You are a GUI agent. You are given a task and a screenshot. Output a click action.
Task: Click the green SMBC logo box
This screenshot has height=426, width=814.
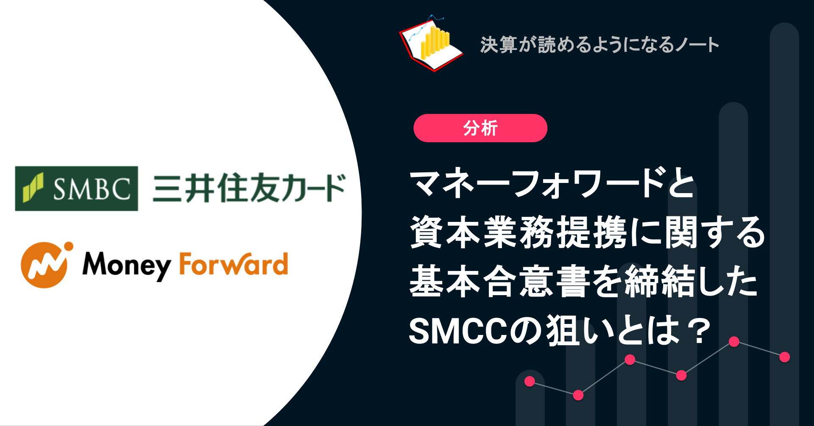[76, 188]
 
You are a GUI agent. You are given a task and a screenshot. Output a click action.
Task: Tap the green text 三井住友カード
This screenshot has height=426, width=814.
[249, 188]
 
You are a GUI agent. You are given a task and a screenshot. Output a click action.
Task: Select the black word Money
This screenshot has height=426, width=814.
[126, 265]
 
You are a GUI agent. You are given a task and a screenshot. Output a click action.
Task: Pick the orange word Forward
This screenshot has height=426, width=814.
[234, 264]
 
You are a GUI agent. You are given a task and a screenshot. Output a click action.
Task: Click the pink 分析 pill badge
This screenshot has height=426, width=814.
[480, 128]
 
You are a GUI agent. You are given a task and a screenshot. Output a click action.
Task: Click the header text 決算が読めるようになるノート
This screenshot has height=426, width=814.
[599, 44]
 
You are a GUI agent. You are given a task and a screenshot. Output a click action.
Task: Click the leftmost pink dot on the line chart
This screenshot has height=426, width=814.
[530, 381]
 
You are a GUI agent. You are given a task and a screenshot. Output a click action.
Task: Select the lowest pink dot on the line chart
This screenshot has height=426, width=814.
[578, 395]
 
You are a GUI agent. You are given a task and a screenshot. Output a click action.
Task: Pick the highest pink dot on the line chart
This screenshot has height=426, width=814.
[734, 341]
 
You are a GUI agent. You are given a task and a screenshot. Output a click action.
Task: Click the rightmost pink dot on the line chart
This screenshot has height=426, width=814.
[785, 357]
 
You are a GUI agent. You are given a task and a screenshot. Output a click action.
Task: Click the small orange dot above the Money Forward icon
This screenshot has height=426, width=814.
[68, 246]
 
